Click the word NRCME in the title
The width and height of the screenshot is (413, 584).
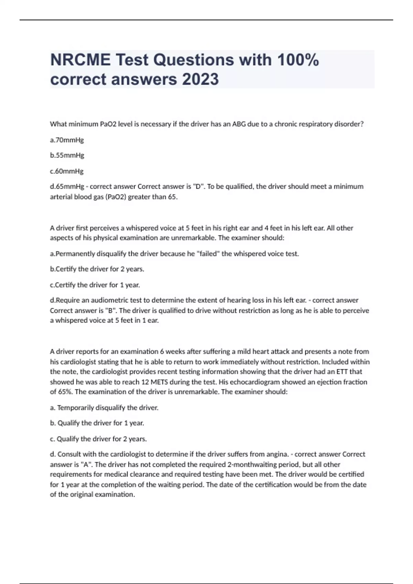tap(80, 60)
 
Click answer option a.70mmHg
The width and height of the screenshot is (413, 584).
tap(67, 140)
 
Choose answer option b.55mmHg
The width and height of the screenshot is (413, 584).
tap(67, 155)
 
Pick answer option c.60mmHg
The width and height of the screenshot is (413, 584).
tap(67, 171)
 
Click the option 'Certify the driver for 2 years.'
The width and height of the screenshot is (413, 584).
tap(97, 269)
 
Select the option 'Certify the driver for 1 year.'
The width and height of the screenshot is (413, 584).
tap(95, 285)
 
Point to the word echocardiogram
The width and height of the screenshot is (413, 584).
tap(254, 382)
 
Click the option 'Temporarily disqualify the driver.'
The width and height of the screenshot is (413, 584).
tap(104, 408)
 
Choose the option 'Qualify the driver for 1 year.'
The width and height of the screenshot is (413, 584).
tap(97, 423)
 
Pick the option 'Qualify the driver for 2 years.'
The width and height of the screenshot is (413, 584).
tap(98, 439)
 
